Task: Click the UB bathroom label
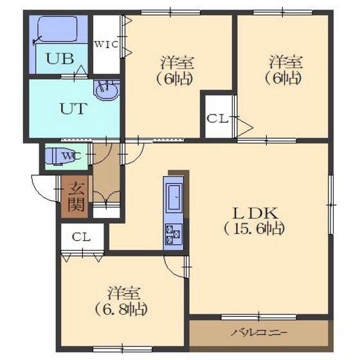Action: pos(60,59)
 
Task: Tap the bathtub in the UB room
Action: pos(57,29)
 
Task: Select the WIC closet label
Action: pos(106,44)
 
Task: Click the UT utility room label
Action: pos(73,109)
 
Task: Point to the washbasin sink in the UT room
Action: pos(107,90)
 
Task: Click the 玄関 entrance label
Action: pos(76,197)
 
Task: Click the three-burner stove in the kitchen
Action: pos(174,233)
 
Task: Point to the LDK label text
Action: pos(255,213)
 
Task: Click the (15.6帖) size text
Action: pos(254,229)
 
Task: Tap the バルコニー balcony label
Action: pos(258,332)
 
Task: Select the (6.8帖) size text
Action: pos(122,309)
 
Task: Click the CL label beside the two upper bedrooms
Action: pos(218,119)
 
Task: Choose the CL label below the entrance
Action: pos(81,237)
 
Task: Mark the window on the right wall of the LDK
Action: pos(330,204)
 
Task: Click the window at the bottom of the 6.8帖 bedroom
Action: pos(122,349)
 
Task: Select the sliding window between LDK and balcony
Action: pos(258,318)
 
